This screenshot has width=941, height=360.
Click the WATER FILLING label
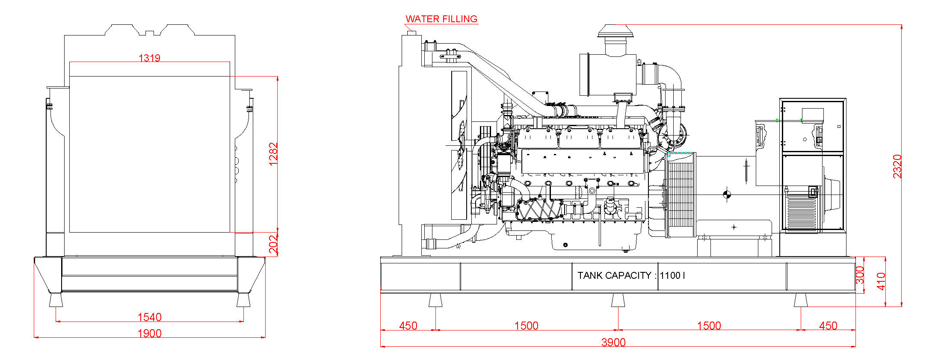(441, 19)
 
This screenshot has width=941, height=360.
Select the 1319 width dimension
(149, 58)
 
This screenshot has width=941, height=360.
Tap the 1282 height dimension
(273, 154)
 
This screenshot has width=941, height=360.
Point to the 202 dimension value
(273, 244)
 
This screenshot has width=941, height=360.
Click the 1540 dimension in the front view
(149, 317)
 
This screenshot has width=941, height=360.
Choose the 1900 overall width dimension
(149, 333)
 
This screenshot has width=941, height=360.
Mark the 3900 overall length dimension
(613, 342)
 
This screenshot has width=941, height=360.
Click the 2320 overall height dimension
(897, 166)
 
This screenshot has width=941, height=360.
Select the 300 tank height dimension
(860, 275)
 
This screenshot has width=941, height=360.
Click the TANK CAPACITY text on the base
(614, 275)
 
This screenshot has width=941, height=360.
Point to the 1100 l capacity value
(672, 275)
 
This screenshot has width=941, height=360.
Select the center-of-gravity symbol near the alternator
(727, 195)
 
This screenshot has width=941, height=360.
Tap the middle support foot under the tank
(618, 301)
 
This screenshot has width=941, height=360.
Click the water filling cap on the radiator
(411, 32)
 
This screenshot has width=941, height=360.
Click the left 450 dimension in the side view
(408, 326)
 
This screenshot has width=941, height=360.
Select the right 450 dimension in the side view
(828, 326)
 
